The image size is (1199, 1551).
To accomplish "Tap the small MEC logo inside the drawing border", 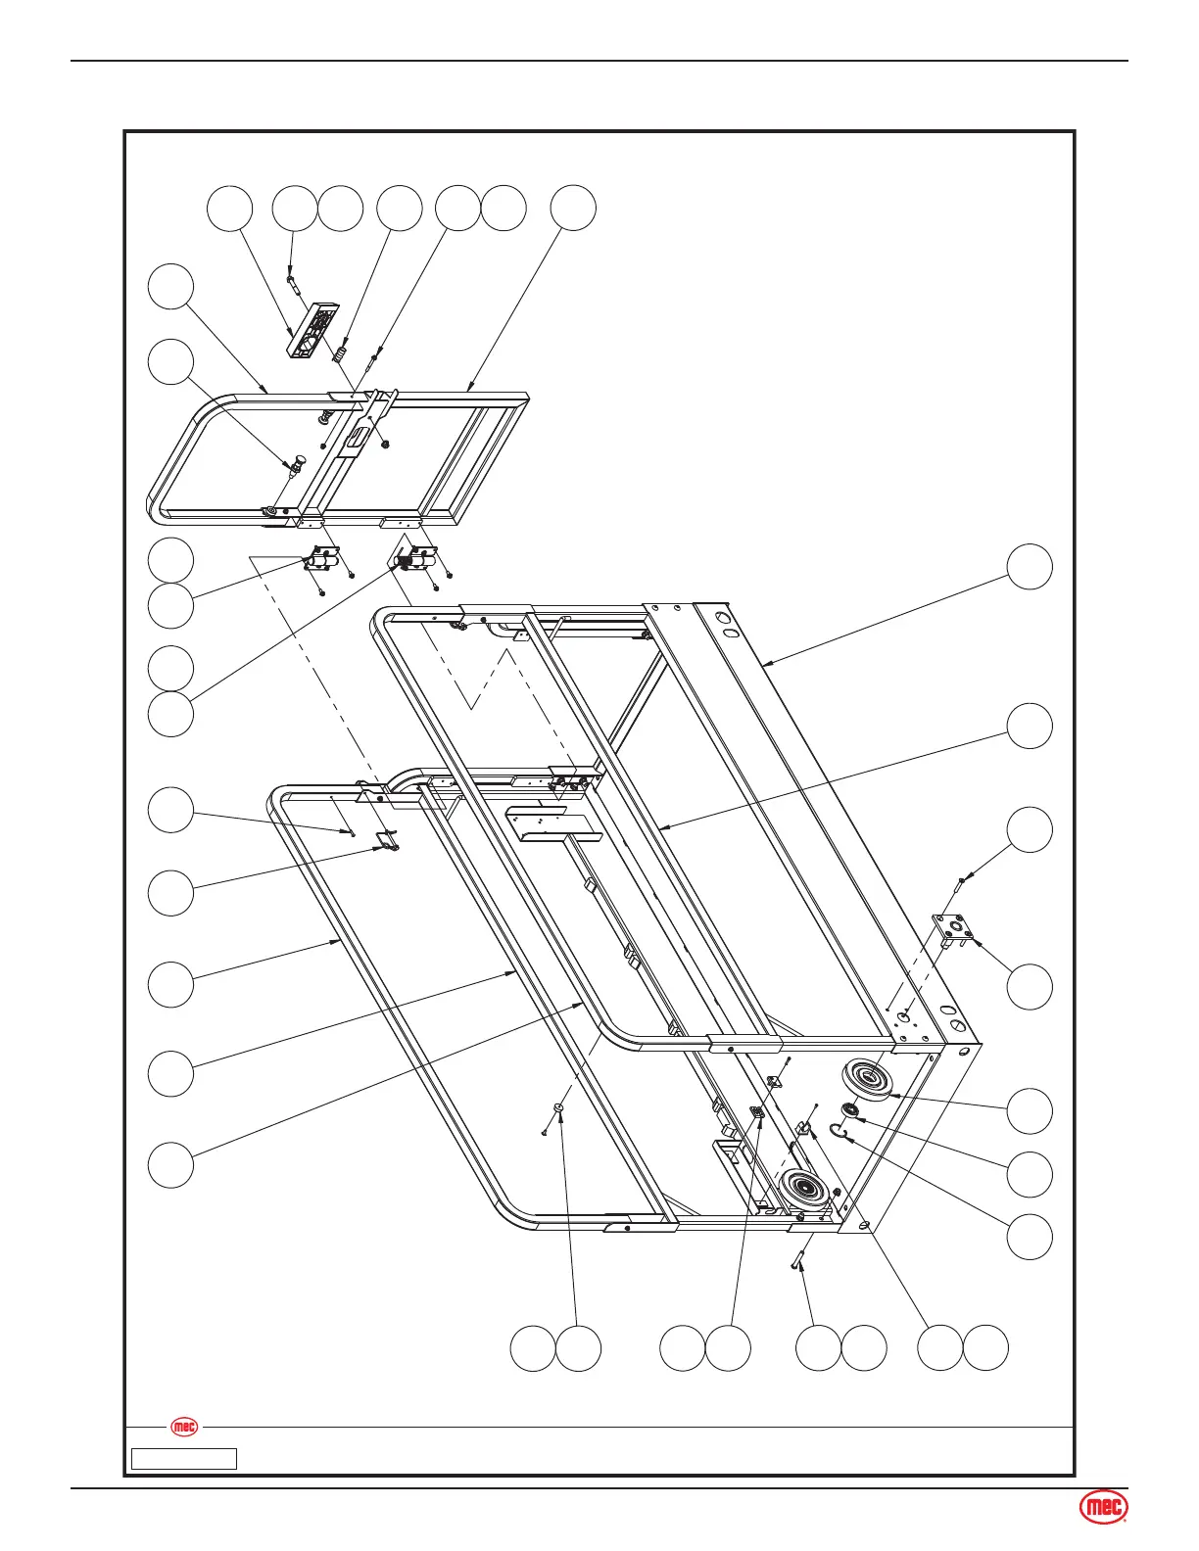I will (x=184, y=1427).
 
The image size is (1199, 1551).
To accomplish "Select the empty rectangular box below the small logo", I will (x=184, y=1459).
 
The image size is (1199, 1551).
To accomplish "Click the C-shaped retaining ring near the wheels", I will (x=838, y=1134).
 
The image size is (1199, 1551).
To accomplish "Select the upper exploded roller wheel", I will (x=866, y=1080).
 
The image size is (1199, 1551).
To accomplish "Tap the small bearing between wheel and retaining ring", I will (x=850, y=1110).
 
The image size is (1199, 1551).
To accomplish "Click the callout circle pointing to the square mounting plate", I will (x=1031, y=986).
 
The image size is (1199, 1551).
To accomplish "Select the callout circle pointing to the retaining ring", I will (x=1031, y=1237).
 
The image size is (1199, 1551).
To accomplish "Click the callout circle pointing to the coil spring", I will (x=400, y=208).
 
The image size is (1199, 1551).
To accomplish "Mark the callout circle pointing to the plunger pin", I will (x=170, y=362).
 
